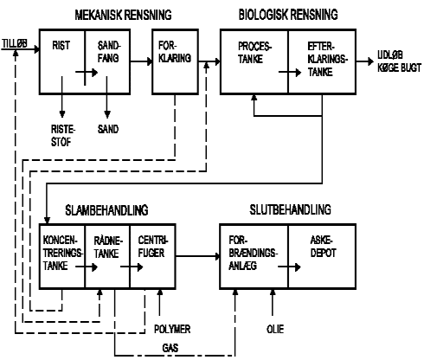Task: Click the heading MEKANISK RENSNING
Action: point(123,15)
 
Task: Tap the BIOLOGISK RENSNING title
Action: point(288,15)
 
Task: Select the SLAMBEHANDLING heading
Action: point(106,210)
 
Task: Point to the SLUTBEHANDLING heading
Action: point(290,209)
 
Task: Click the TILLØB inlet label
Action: point(15,43)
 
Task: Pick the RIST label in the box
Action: point(61,46)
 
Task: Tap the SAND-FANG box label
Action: point(109,52)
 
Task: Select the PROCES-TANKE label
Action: point(254,53)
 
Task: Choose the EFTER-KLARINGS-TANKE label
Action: point(328,60)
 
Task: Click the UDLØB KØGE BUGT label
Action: point(400,61)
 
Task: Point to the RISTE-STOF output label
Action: point(63,136)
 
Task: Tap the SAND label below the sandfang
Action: point(108,129)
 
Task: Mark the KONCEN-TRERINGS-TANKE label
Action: point(63,253)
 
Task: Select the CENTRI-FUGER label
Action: point(153,247)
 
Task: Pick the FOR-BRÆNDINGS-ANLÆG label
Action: point(254,253)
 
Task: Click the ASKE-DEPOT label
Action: point(323,247)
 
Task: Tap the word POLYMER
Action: point(172,329)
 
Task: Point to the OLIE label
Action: point(275,329)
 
